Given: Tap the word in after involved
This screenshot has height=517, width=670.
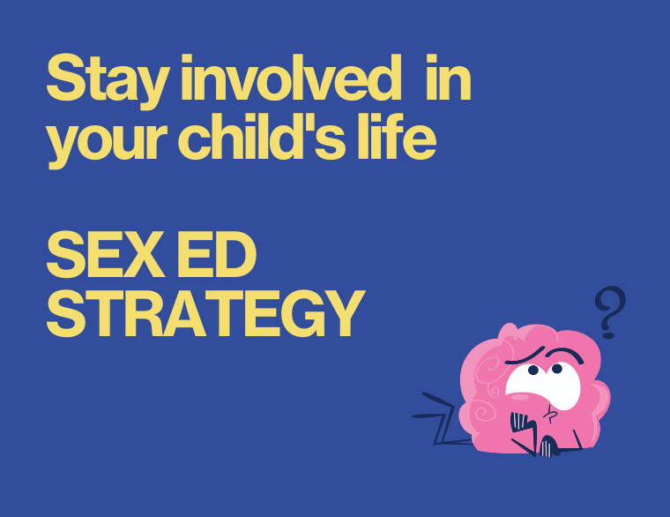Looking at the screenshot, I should pyautogui.click(x=448, y=79).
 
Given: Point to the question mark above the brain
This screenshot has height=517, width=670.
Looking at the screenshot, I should pyautogui.click(x=610, y=311).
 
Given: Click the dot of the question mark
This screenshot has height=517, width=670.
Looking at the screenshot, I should pyautogui.click(x=608, y=334).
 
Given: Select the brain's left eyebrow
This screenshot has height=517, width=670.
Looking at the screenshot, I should pyautogui.click(x=525, y=354).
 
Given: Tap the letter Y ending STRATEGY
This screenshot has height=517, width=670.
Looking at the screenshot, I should pyautogui.click(x=345, y=314).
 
